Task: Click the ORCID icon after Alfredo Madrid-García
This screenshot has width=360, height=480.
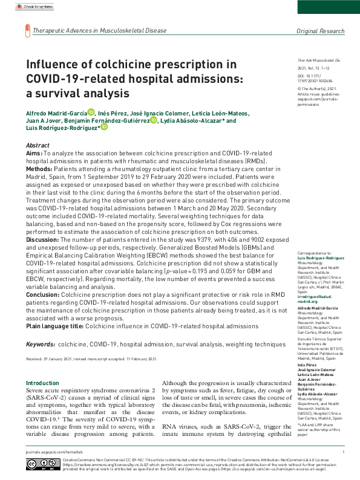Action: click(91, 111)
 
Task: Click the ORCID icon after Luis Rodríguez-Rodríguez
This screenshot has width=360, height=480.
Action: click(104, 127)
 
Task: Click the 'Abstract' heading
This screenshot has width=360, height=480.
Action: click(38, 146)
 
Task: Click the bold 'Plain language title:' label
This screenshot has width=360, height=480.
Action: click(54, 326)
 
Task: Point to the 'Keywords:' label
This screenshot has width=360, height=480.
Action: click(41, 344)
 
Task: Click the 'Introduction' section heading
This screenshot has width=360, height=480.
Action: click(43, 383)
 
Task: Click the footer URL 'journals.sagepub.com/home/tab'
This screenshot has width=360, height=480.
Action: click(49, 452)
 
